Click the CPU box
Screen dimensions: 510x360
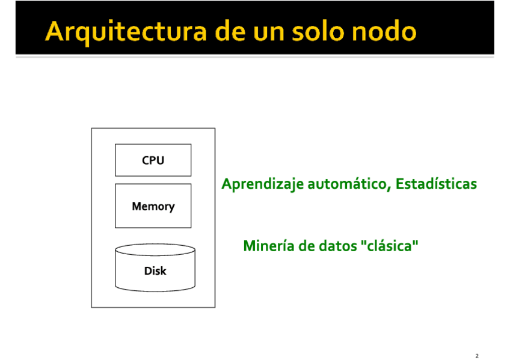(153, 160)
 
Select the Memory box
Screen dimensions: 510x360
(153, 206)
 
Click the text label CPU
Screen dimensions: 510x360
(153, 160)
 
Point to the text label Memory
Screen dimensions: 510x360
(153, 206)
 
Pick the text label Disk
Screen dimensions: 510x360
(155, 271)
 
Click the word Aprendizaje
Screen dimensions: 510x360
(262, 184)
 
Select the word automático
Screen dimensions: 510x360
(349, 184)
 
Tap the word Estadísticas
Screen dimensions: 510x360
(436, 184)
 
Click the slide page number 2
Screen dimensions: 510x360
(477, 356)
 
